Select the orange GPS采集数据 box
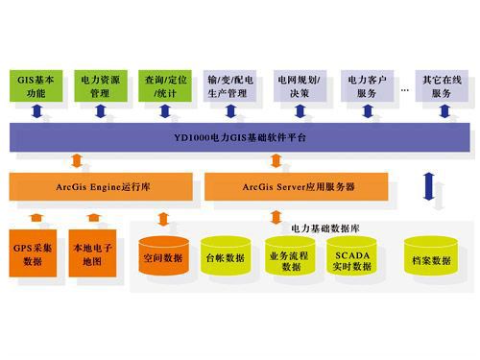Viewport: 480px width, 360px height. pos(35,252)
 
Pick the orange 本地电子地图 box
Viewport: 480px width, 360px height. pos(94,252)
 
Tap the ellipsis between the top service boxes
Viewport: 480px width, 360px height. pos(405,78)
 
